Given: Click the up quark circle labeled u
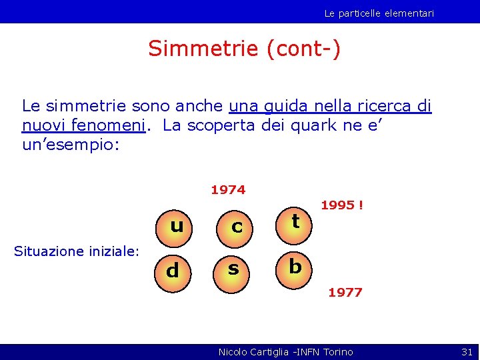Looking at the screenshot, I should [177, 226].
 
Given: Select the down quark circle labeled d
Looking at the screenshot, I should [173, 270].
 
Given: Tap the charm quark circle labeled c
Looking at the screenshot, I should [237, 226].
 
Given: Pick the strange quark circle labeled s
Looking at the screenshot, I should [233, 269].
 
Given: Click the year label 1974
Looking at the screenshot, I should [228, 190].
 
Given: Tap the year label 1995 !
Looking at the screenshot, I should [342, 205].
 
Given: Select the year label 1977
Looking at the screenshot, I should [345, 292].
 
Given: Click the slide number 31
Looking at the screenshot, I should [467, 351].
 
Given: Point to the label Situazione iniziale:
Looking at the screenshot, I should [77, 251].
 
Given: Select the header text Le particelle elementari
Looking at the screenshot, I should [379, 13].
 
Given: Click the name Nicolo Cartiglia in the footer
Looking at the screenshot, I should [257, 351].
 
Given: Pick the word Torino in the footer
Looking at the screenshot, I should [338, 351].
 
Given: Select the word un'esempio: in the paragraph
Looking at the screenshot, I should [71, 145].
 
